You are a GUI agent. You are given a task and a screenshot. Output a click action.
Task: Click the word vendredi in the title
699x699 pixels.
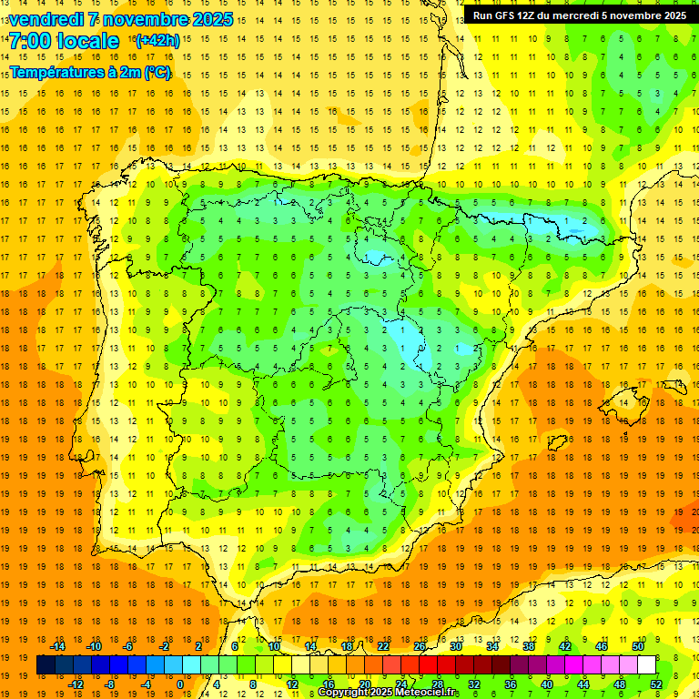click(x=46, y=19)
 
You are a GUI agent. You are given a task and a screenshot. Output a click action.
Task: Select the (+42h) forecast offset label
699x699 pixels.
click(x=157, y=41)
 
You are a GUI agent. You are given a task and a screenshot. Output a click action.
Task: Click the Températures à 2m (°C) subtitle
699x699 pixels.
click(x=90, y=72)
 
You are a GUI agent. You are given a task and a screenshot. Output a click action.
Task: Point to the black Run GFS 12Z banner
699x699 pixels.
click(x=580, y=15)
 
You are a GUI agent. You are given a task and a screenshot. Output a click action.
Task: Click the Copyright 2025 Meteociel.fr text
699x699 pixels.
click(x=388, y=693)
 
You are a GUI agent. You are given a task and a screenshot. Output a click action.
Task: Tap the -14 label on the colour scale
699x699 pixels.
click(x=59, y=646)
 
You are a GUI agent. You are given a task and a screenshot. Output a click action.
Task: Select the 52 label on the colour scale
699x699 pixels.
click(x=656, y=684)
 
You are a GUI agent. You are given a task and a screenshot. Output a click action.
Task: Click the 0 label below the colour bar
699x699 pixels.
click(x=179, y=684)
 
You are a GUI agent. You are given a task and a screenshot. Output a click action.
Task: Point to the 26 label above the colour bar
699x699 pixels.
click(x=420, y=646)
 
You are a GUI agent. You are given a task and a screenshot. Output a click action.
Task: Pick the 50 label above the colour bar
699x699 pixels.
click(x=638, y=646)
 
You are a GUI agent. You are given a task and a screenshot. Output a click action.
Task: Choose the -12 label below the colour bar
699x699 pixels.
click(x=76, y=684)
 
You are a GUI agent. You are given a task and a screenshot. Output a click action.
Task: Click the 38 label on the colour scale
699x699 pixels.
click(x=529, y=646)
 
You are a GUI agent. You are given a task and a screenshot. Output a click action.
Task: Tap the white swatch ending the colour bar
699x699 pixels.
click(x=646, y=665)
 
